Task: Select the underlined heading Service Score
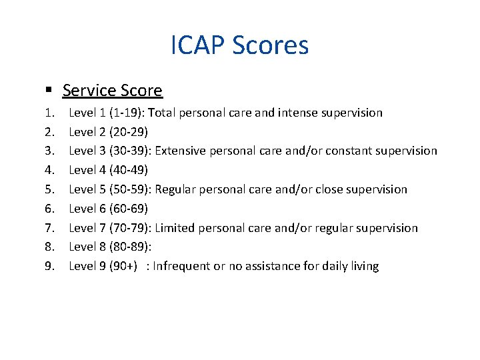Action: point(112,90)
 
